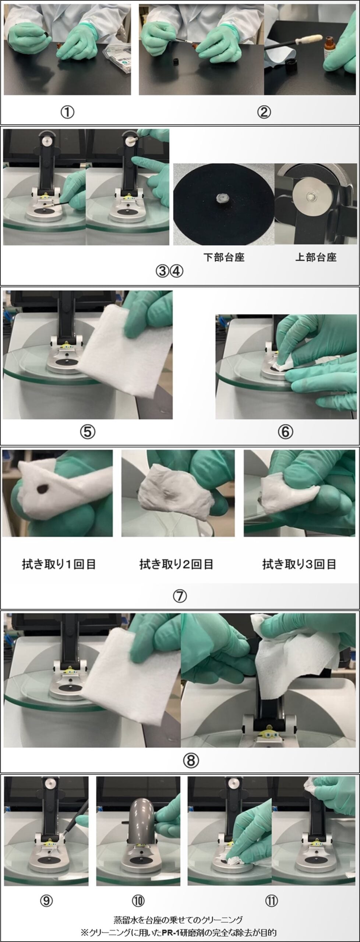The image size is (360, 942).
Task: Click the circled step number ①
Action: pos(67,112)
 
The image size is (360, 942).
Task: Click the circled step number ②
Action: pos(264,112)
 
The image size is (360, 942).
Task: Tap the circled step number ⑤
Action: pos(88,432)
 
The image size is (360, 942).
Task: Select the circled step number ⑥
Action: pos(285,432)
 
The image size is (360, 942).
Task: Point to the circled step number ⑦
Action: pos(180,596)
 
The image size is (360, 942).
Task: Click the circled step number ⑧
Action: pos(191,760)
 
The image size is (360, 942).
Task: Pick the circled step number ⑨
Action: pos(46,901)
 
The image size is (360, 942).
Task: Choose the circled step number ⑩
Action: pos(138,901)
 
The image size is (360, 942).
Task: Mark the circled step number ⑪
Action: pos(271,901)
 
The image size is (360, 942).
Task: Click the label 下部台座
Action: pos(224,257)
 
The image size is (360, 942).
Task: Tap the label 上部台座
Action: pos(316,257)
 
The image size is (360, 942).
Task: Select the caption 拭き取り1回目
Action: pos(59,564)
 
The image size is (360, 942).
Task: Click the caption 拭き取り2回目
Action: pos(176,564)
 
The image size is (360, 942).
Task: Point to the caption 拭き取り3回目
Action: pos(299,564)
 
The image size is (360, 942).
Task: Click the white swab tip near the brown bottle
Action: pos(313,39)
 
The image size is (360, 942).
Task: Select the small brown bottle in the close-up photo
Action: pos(330,47)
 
